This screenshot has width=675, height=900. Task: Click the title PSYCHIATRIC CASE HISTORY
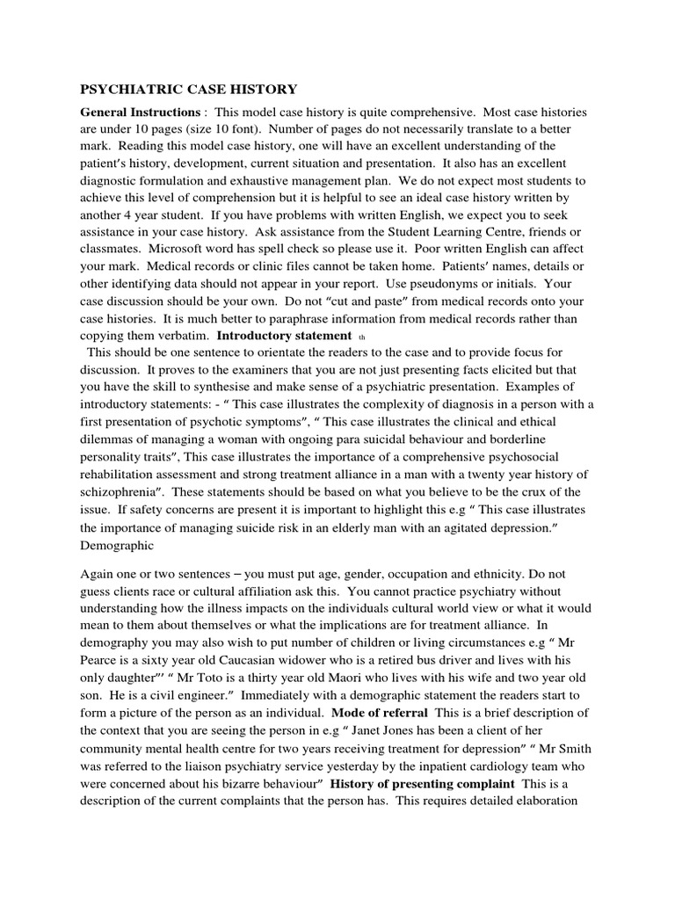[x=189, y=89]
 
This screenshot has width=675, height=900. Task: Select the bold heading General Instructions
[x=140, y=113]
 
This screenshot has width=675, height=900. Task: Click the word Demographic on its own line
[x=119, y=545]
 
